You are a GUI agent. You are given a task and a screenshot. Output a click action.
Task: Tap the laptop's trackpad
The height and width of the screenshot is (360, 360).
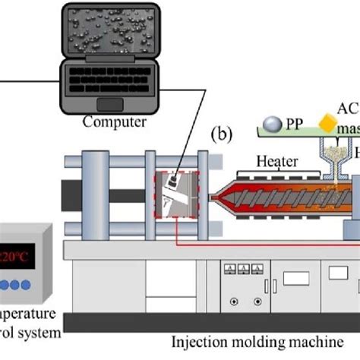111,103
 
